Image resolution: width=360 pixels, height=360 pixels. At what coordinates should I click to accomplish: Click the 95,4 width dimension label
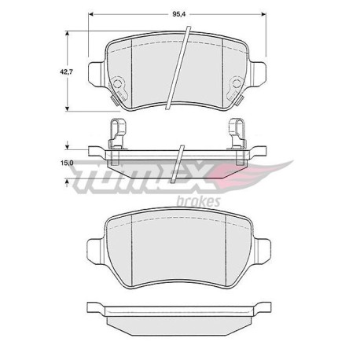pyautogui.click(x=179, y=15)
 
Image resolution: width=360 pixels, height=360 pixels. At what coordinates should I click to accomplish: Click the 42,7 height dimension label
pyautogui.click(x=66, y=72)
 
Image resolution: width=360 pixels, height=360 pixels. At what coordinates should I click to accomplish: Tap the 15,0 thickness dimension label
pyautogui.click(x=67, y=163)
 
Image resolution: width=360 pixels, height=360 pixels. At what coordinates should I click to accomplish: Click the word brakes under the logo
pyautogui.click(x=199, y=201)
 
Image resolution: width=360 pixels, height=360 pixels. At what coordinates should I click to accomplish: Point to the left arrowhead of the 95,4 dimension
pyautogui.click(x=91, y=15)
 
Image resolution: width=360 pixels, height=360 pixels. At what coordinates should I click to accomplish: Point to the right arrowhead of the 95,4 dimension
pyautogui.click(x=263, y=15)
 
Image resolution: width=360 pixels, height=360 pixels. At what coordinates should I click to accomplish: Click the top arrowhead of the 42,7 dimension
pyautogui.click(x=68, y=34)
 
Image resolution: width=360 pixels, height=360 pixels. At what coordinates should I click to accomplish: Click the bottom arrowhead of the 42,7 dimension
pyautogui.click(x=68, y=108)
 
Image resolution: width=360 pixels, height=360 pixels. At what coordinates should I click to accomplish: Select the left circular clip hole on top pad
pyautogui.click(x=117, y=83)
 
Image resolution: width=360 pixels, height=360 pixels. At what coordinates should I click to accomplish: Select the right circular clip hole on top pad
pyautogui.click(x=237, y=83)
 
